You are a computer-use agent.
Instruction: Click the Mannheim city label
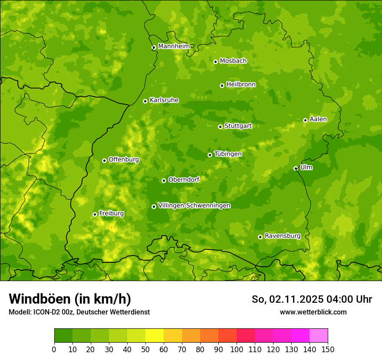[x=174, y=46]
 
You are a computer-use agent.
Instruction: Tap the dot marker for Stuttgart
[x=220, y=127]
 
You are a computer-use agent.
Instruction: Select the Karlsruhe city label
[x=164, y=100]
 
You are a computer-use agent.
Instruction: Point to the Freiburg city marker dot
[x=95, y=214]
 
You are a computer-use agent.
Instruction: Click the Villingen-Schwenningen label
[x=194, y=206]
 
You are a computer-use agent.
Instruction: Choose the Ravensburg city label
[x=282, y=236]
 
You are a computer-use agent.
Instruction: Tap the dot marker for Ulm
[x=296, y=168]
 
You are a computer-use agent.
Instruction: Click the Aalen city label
[x=318, y=119]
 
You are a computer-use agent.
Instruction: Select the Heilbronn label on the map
[x=241, y=85]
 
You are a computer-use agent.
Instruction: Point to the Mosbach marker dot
[x=215, y=62]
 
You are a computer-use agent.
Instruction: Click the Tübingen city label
[x=227, y=154]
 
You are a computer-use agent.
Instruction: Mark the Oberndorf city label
[x=184, y=180]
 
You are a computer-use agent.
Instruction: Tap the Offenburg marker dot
[x=104, y=160]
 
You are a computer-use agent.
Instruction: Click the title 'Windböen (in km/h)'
[x=70, y=299]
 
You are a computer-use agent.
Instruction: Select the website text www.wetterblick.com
[x=313, y=312]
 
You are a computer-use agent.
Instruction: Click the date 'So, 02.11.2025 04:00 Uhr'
[x=312, y=299]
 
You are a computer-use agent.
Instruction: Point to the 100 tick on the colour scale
[x=236, y=349]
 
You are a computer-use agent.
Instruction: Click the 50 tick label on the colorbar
[x=145, y=349]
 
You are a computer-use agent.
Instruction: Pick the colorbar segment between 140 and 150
[x=318, y=335]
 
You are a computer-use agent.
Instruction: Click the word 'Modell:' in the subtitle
[x=20, y=312]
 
